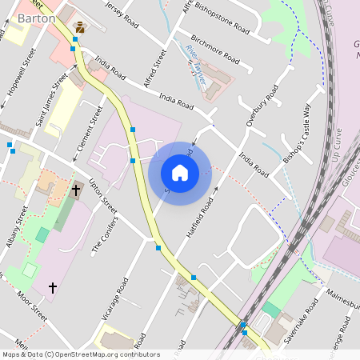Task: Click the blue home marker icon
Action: pos(180,172)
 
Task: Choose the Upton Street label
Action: pos(104,196)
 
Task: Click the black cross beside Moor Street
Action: pos(54,286)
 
